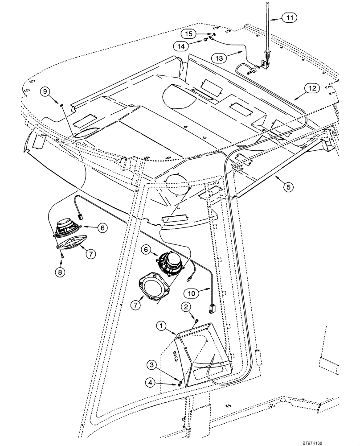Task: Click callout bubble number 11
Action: [290, 18]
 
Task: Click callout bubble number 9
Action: [45, 91]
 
